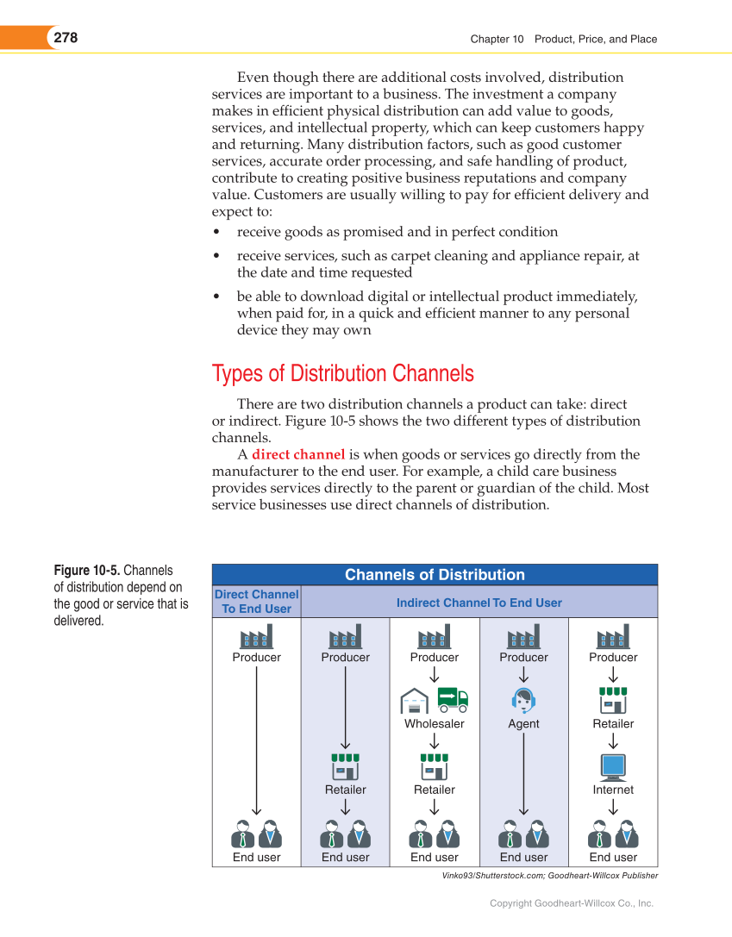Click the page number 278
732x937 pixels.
(x=66, y=38)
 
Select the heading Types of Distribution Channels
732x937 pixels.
(x=342, y=373)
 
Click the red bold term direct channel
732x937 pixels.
(x=298, y=454)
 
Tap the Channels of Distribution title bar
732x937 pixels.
(x=435, y=575)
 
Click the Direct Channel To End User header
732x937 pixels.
(x=256, y=602)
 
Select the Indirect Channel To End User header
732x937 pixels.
(x=479, y=603)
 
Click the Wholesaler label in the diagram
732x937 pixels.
(x=435, y=724)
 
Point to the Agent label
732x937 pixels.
(x=523, y=724)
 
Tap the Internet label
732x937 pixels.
(x=613, y=790)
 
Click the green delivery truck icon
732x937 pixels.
(x=453, y=699)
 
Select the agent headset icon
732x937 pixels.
(x=523, y=699)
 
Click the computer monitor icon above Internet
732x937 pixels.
(x=613, y=766)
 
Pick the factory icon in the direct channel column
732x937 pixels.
(x=256, y=636)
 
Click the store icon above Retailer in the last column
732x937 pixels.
(x=613, y=700)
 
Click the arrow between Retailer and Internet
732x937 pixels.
(x=613, y=741)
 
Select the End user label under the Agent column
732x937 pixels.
(x=523, y=857)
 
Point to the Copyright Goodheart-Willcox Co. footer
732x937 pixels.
(x=572, y=903)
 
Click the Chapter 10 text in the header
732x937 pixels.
(x=497, y=39)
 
